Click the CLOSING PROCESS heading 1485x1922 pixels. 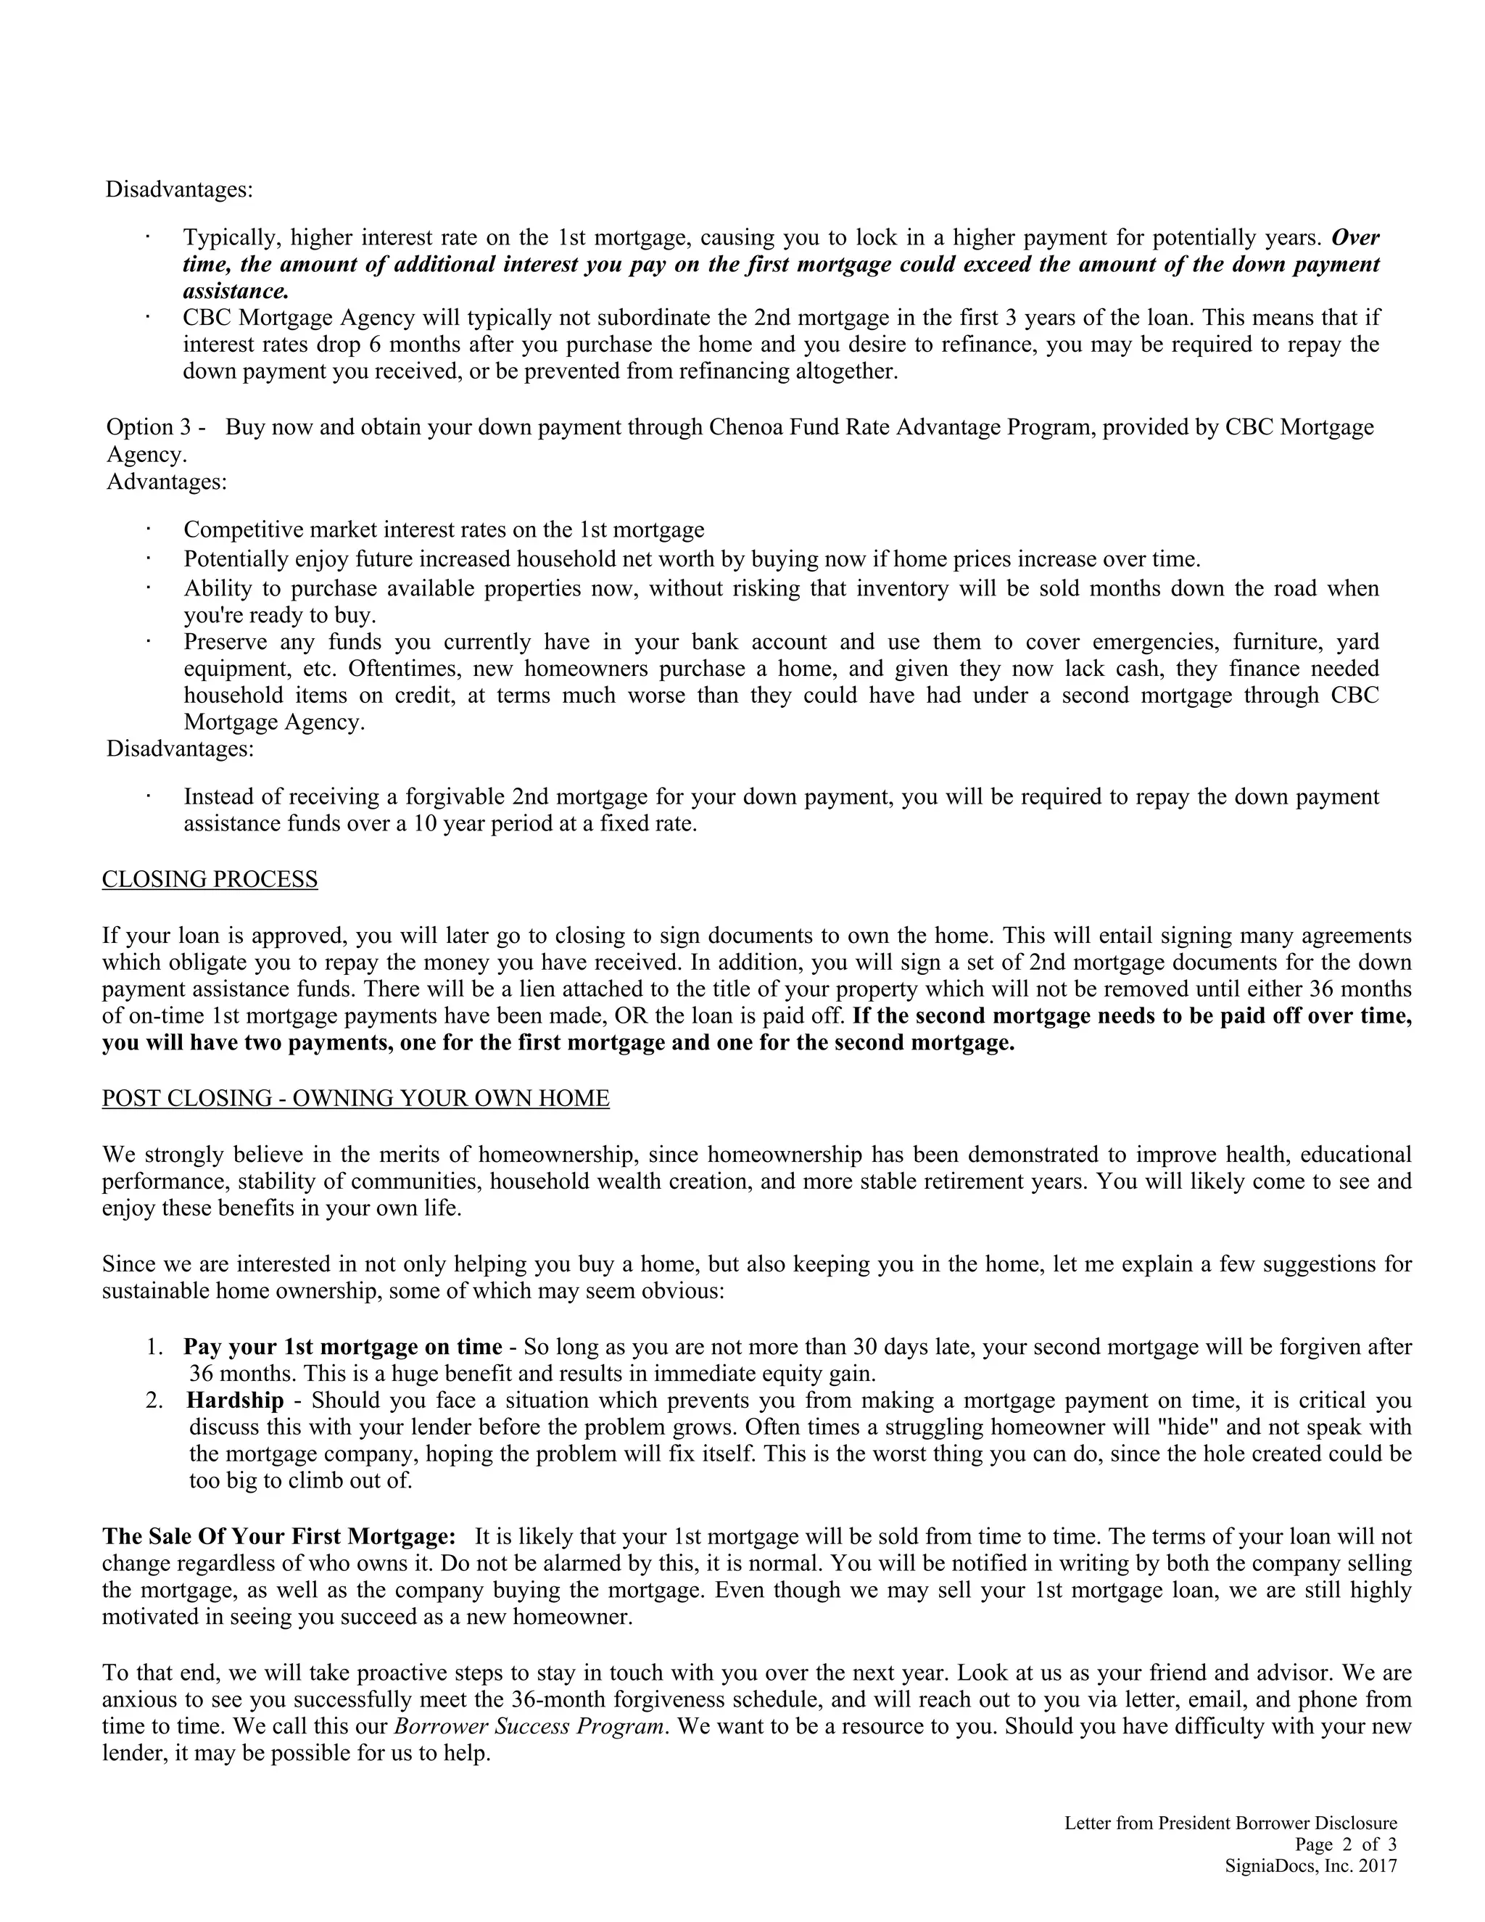pos(210,879)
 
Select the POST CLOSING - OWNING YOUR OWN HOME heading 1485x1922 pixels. pos(355,1098)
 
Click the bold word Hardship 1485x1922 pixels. pos(235,1400)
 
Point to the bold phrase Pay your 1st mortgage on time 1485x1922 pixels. pos(342,1346)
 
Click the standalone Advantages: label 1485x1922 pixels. pos(166,482)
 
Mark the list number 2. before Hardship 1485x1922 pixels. pos(155,1400)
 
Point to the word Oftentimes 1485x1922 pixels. pos(407,669)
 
